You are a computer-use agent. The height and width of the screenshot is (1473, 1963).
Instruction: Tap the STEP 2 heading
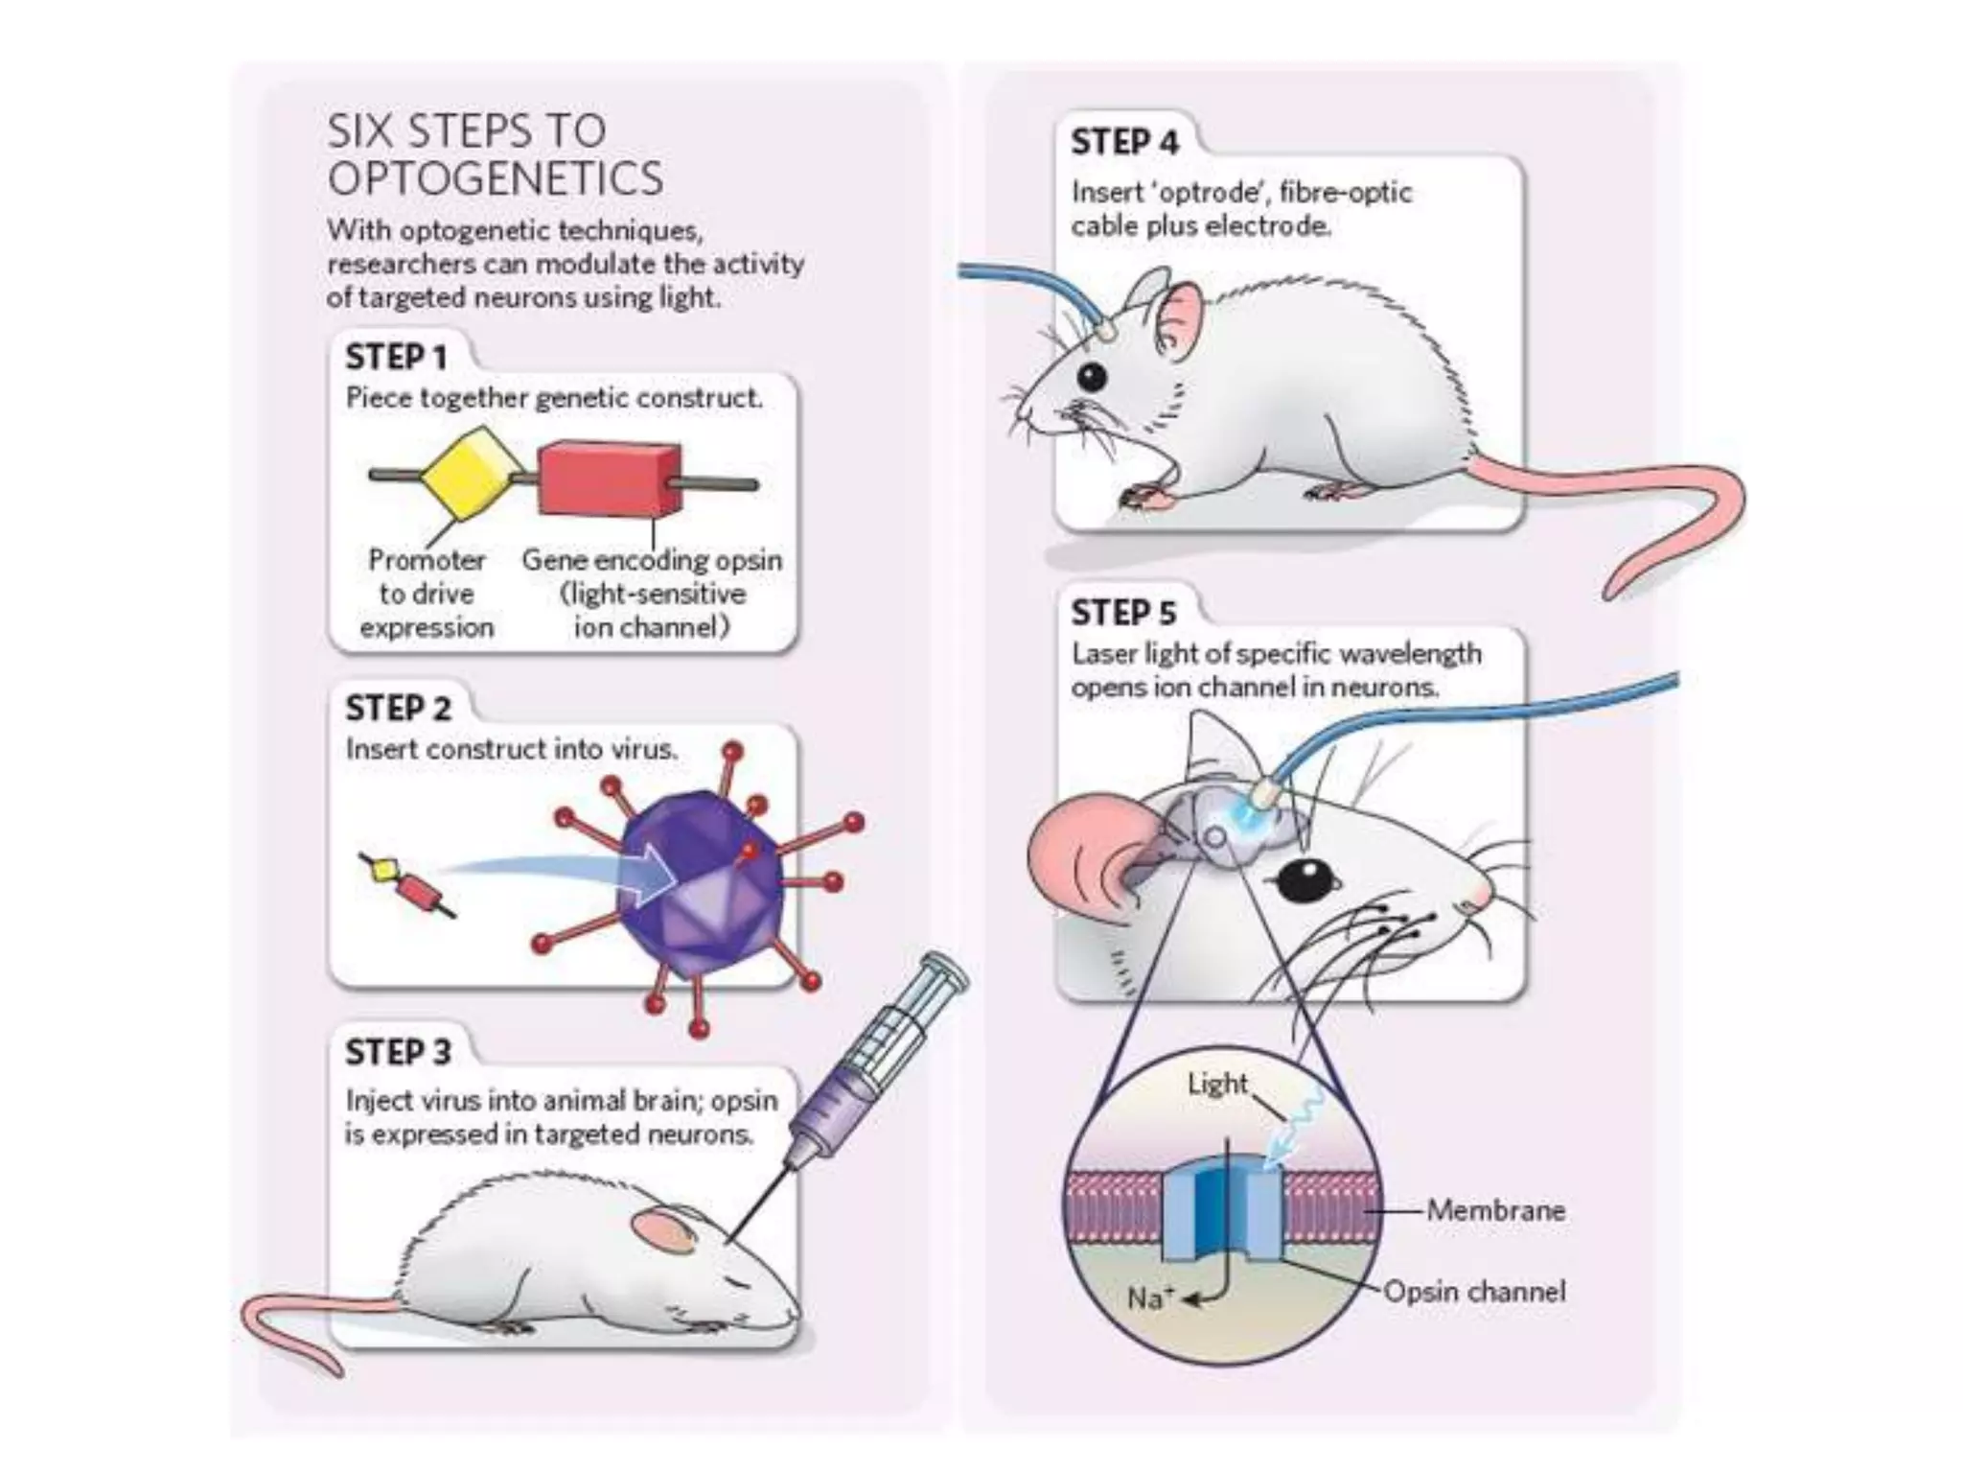click(x=398, y=708)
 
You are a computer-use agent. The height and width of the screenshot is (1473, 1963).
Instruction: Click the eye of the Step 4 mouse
click(x=1091, y=376)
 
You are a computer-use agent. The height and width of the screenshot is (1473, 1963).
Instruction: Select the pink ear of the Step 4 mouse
click(x=1179, y=316)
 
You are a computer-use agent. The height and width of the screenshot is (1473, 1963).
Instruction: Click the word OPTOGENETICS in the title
click(x=495, y=178)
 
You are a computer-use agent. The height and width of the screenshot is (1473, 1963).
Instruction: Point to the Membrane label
click(x=1495, y=1210)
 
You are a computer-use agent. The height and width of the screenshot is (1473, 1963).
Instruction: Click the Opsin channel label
click(x=1474, y=1292)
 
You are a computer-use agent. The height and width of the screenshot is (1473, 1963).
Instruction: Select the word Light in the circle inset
click(x=1217, y=1084)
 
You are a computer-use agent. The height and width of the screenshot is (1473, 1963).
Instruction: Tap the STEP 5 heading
click(x=1123, y=612)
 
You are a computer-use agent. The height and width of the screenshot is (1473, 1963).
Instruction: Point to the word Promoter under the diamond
click(x=427, y=559)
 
